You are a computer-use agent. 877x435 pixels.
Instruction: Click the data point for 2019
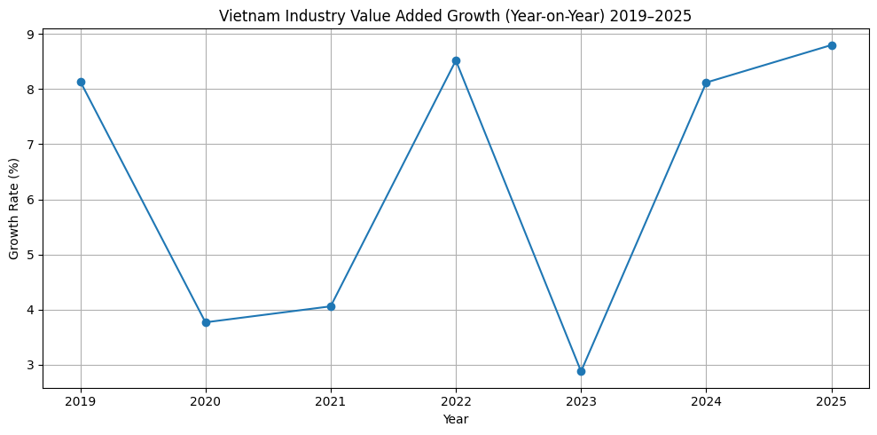tap(81, 82)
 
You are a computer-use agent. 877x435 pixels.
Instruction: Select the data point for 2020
tap(206, 322)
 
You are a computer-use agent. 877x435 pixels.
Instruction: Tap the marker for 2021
tap(331, 306)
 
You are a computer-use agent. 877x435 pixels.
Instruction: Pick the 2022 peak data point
tap(456, 60)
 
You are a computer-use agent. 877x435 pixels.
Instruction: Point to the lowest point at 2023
tap(581, 371)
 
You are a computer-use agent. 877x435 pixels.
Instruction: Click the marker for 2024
tap(706, 83)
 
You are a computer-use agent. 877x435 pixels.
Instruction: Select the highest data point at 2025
tap(832, 45)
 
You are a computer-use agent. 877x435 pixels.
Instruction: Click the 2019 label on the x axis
tap(81, 401)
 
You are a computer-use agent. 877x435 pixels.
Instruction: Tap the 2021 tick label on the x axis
tap(331, 401)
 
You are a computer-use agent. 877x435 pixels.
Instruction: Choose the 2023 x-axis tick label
tap(581, 401)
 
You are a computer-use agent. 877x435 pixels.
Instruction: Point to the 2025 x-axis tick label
tap(832, 401)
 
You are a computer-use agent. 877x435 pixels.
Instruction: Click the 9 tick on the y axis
tap(30, 35)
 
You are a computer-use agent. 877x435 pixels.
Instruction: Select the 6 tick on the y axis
tap(30, 200)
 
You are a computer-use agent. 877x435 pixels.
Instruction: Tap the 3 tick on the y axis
tap(30, 365)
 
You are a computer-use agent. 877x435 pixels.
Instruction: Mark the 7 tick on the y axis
tap(30, 145)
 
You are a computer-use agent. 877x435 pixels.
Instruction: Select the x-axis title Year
tap(456, 419)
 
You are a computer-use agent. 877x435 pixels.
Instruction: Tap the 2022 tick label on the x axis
tap(456, 401)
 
